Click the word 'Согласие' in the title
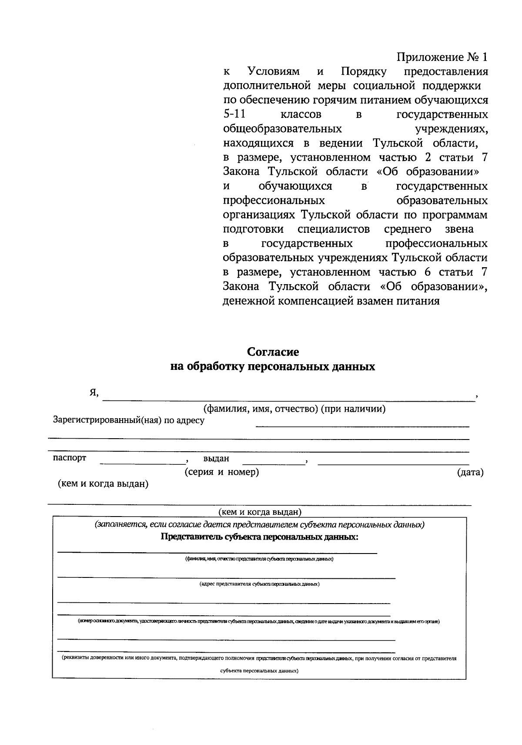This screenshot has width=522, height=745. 273,352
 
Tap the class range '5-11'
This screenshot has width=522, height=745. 234,115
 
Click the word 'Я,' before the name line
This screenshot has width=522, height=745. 94,393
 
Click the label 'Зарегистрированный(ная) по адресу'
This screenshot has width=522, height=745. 128,420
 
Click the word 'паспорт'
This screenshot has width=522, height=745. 70,458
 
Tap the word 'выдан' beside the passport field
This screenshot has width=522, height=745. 216,459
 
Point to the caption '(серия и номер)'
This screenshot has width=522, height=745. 222,472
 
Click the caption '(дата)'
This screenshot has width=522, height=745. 470,473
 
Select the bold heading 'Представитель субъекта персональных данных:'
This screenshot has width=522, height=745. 260,537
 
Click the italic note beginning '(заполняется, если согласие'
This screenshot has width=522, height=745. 260,525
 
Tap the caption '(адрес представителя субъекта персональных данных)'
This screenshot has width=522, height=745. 259,584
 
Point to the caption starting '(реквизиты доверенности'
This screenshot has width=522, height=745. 259,659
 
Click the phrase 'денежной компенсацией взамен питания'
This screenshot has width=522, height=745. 331,301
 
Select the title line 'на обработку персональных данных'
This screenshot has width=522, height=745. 273,367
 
